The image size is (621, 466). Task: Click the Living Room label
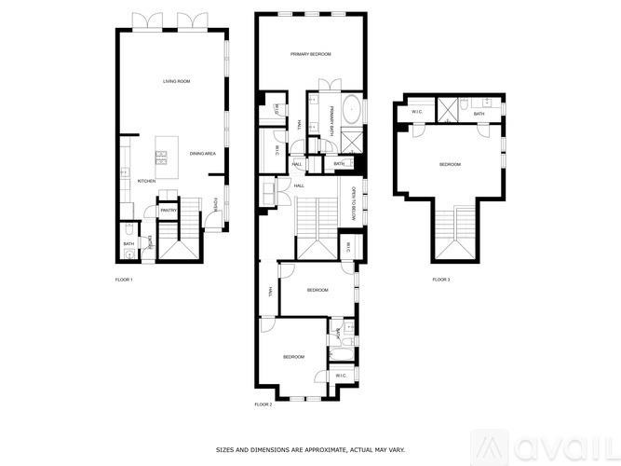[x=177, y=82]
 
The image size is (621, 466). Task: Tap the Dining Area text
[x=203, y=154]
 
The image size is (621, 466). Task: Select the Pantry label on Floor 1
[x=169, y=211]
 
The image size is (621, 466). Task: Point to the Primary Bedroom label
[x=310, y=55]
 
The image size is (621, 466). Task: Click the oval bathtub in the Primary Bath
[x=352, y=111]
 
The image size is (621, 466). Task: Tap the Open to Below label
[x=355, y=205]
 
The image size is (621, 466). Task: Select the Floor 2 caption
[x=263, y=404]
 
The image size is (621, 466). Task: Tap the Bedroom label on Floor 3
[x=450, y=165]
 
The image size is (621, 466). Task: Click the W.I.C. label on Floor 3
[x=417, y=113]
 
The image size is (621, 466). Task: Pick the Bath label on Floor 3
[x=479, y=114]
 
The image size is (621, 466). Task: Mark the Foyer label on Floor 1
[x=215, y=205]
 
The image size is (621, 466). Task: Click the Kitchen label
[x=146, y=181]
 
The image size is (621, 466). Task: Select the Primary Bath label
[x=330, y=122]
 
